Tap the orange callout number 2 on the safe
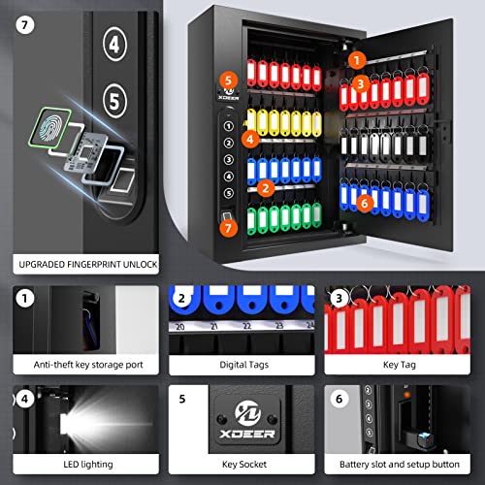tap(265, 188)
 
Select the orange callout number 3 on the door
tap(360, 84)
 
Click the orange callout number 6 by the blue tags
tap(363, 203)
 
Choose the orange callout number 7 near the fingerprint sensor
tap(228, 229)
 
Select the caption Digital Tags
tap(242, 365)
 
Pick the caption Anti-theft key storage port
tap(81, 365)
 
